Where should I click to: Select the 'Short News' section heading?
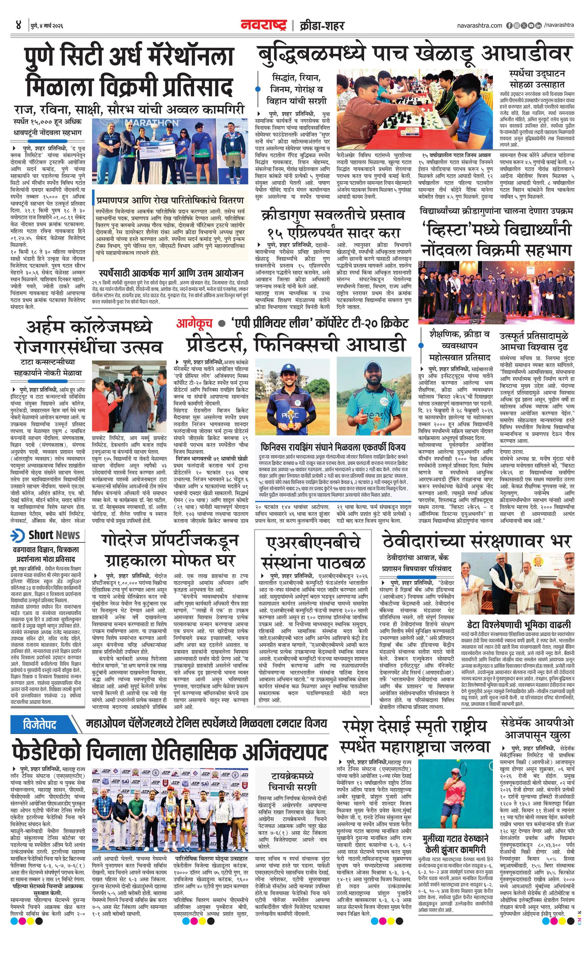(54, 535)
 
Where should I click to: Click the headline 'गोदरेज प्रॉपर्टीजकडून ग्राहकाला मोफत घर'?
(170, 550)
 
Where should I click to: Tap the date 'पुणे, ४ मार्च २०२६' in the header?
(46, 26)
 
